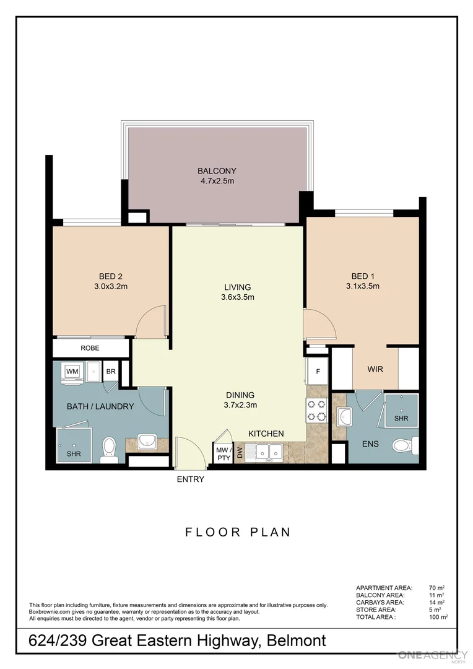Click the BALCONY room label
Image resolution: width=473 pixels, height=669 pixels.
click(217, 171)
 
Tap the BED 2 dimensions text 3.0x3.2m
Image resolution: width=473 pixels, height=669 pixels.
click(111, 286)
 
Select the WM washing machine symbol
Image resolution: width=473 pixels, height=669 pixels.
click(72, 372)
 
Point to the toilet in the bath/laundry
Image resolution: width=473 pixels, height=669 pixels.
click(108, 449)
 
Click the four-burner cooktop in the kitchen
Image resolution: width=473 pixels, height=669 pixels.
click(316, 410)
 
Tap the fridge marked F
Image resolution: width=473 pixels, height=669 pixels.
click(318, 371)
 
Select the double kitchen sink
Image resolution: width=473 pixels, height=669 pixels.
click(269, 451)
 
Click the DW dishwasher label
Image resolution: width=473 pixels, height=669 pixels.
click(239, 452)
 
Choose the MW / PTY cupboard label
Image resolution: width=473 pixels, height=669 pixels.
click(223, 454)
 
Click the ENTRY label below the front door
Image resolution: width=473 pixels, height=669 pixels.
click(191, 479)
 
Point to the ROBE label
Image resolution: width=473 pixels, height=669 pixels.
click(90, 348)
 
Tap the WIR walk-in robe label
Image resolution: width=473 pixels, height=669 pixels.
click(375, 369)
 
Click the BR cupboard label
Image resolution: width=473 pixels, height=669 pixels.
click(111, 372)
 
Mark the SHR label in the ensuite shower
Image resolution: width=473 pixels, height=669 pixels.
click(401, 419)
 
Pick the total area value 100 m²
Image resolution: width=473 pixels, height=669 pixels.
click(438, 617)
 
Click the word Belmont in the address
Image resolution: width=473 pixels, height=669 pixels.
click(297, 641)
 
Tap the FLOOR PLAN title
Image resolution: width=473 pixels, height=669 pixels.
click(238, 532)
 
